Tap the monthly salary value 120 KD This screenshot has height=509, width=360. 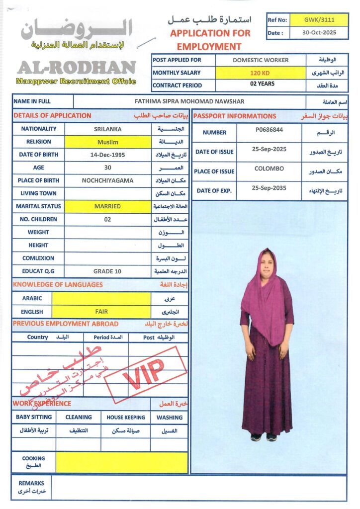click(261, 73)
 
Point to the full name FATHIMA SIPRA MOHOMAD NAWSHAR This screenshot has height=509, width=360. click(189, 101)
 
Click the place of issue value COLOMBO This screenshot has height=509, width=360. click(269, 169)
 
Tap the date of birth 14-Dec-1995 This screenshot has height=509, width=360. click(107, 155)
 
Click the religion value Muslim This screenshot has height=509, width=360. click(107, 142)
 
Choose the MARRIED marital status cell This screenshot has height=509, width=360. click(107, 206)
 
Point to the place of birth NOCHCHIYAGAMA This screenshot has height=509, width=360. click(107, 180)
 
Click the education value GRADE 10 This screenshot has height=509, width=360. click(107, 271)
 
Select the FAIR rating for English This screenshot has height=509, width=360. click(101, 312)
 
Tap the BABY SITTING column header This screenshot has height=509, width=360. click(33, 418)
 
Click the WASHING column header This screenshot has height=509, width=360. click(169, 418)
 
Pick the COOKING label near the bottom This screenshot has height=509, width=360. click(33, 458)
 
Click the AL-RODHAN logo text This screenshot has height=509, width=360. click(77, 68)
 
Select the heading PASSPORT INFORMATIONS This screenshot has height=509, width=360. click(235, 116)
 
